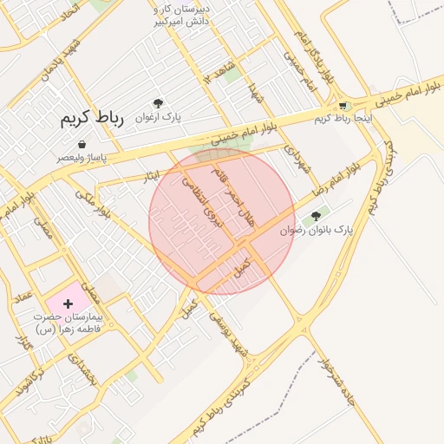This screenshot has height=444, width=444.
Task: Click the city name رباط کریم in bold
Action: [93, 119]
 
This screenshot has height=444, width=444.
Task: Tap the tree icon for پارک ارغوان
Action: [158, 103]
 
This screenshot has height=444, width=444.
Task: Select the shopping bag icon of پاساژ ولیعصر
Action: [82, 144]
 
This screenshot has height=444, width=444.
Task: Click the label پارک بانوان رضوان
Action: [317, 231]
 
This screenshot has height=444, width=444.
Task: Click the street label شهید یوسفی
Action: [227, 335]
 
